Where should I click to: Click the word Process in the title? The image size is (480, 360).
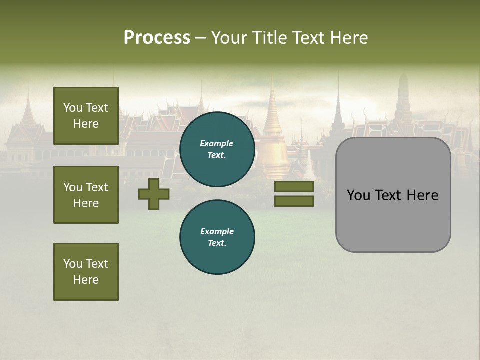click(x=157, y=38)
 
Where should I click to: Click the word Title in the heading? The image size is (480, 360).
click(x=270, y=38)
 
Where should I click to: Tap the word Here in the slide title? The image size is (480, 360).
click(x=348, y=38)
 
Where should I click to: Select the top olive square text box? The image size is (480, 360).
click(x=86, y=116)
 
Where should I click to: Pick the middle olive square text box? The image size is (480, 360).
click(x=86, y=195)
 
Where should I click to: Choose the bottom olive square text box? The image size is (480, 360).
click(x=86, y=271)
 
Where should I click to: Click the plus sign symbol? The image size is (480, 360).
click(x=154, y=194)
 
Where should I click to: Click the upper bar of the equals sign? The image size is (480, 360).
click(x=294, y=187)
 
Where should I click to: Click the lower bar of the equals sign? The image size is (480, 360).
click(x=294, y=201)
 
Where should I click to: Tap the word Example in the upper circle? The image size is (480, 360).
click(x=217, y=143)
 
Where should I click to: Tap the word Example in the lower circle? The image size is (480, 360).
click(x=217, y=231)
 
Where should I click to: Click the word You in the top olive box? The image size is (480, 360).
click(x=73, y=108)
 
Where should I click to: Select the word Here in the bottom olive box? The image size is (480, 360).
click(x=86, y=280)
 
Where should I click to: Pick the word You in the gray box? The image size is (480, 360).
click(x=358, y=195)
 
